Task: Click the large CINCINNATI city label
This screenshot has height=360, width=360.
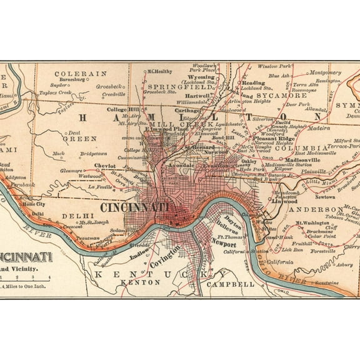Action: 134,206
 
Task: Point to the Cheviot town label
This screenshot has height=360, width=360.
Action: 105,166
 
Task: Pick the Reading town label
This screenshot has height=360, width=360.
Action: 253,82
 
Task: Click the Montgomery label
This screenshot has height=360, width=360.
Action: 326,72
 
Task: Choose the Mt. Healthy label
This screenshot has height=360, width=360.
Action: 159,71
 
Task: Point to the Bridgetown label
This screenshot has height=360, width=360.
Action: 93,152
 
